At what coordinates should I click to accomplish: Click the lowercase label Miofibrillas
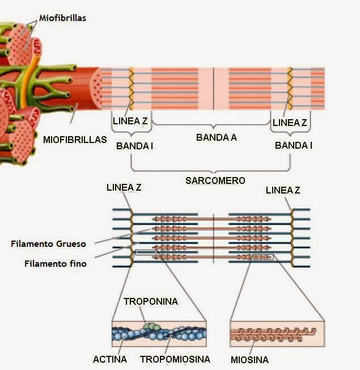pos(62,18)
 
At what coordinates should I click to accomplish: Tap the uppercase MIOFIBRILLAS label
pos(75,140)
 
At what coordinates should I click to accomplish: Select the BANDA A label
pos(217,137)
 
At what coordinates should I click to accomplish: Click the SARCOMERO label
pos(215,180)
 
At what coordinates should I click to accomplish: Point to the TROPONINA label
pos(151,301)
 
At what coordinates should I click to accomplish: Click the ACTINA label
pos(110,359)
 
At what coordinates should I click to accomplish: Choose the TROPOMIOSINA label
pos(175,359)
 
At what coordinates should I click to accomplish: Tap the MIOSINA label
pos(249,360)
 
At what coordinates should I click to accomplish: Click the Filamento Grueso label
pos(48,244)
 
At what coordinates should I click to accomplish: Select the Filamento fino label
pos(56,263)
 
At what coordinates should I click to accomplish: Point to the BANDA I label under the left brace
pos(134,146)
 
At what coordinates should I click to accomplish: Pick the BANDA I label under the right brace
pos(294,145)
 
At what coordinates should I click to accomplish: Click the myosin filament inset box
pos(277,334)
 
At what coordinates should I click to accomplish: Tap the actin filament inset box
pos(159,334)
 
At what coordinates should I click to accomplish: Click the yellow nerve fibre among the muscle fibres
pos(29,78)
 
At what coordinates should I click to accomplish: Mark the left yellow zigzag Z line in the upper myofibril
pos(132,89)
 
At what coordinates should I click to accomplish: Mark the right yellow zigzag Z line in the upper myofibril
pos(290,89)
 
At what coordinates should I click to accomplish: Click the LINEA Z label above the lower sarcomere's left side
pos(124,188)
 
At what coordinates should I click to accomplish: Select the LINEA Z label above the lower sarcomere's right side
pos(283,190)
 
